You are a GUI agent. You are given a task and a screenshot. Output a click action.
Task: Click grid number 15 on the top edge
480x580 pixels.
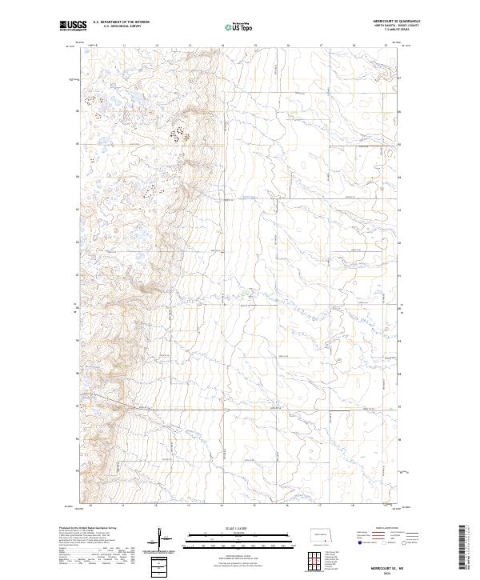pos(254,46)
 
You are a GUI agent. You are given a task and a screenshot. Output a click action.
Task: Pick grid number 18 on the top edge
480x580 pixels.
pos(353,46)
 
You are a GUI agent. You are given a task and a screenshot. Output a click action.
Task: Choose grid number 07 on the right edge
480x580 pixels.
pos(401,79)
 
